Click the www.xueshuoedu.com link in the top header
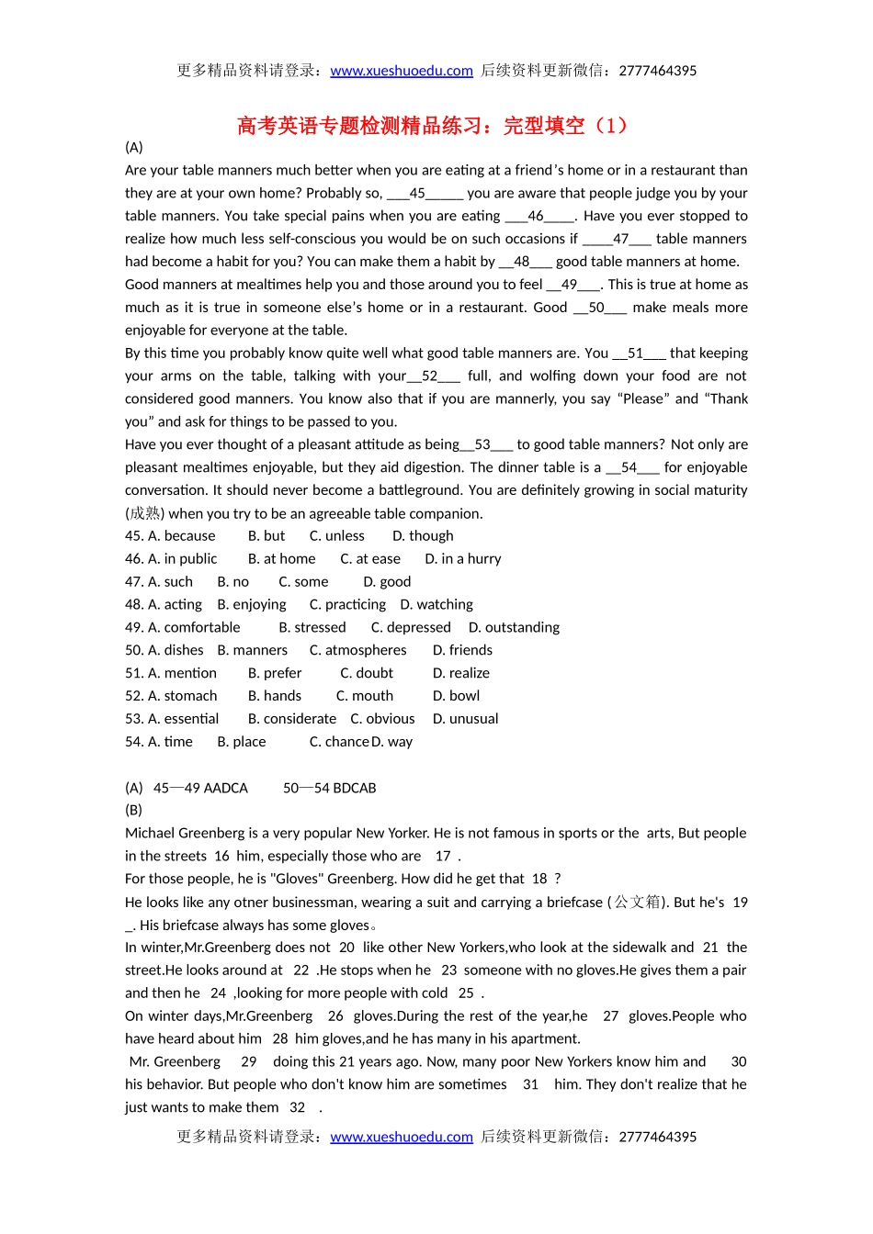pos(402,71)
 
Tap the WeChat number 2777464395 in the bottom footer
pos(658,1137)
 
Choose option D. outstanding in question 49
pos(514,627)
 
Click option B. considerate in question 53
pos(292,719)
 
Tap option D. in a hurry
pos(463,558)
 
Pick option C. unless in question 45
pos(336,535)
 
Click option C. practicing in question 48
pos(347,604)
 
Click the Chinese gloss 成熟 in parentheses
pos(144,513)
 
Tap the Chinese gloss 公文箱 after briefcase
pos(638,902)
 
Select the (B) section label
pos(134,810)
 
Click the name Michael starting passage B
pos(150,833)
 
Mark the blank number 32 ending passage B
pos(297,1107)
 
